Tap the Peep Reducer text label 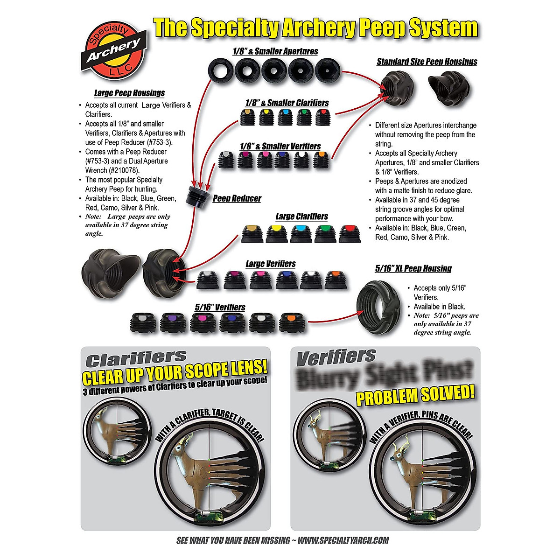(x=237, y=198)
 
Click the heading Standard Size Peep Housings (x=427, y=62)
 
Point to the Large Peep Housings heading (x=129, y=93)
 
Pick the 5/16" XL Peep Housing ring (x=378, y=308)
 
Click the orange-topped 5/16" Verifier (x=291, y=322)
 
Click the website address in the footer (x=343, y=540)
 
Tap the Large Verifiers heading (x=271, y=264)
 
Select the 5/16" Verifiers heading (x=220, y=308)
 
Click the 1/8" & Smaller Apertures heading (x=275, y=51)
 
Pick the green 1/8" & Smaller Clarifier (x=303, y=117)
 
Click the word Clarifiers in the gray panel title (x=136, y=358)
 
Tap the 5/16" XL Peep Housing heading (x=413, y=268)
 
